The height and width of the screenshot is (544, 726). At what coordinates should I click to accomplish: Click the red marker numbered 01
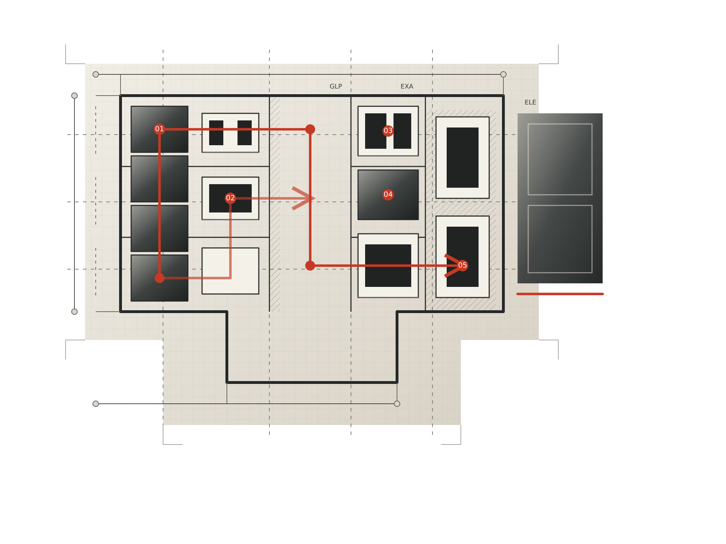160,129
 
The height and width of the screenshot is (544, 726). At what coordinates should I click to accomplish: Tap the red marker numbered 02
230,198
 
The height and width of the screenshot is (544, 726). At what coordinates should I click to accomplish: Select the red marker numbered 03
388,131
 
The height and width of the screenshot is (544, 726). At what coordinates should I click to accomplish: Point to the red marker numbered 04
388,194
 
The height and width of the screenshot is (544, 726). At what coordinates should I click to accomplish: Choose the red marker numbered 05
463,265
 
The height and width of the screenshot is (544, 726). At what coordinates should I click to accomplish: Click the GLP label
336,86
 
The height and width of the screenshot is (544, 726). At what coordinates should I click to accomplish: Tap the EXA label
407,86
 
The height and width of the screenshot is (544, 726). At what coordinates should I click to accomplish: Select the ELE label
530,102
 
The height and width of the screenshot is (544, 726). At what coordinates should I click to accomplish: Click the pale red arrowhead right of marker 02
303,198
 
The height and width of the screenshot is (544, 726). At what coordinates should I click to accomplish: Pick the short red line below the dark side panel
560,294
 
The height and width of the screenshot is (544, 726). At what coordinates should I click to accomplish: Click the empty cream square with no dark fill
230,271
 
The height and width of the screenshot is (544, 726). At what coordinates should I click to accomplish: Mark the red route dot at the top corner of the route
310,129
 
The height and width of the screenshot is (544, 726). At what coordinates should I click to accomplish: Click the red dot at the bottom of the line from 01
160,278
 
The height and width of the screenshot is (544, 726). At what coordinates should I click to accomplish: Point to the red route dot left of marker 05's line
310,266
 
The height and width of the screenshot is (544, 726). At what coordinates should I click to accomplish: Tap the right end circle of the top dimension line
503,74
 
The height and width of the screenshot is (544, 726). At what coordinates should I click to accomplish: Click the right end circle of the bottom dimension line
397,404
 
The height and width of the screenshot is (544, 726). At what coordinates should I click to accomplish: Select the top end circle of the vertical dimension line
74,96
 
